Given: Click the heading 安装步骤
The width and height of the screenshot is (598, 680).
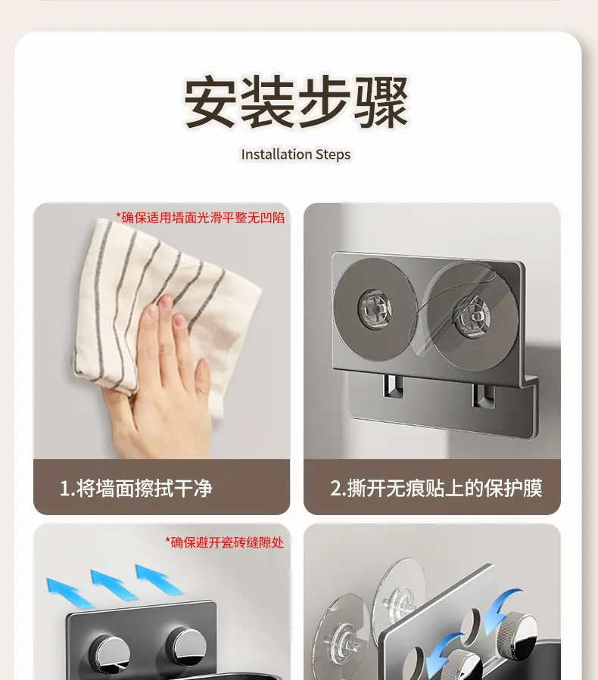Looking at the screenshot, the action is [297, 102].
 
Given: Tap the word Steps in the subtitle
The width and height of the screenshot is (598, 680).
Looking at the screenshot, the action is [333, 155].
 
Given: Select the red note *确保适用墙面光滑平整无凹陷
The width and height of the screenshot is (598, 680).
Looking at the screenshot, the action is [200, 217].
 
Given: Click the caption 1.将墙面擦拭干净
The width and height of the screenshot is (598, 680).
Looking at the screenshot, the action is [135, 489].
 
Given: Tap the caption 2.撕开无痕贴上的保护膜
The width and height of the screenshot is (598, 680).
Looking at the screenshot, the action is [436, 489].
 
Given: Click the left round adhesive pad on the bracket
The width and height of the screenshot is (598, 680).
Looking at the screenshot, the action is [375, 309].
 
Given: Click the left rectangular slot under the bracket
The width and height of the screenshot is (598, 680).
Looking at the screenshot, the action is [394, 387].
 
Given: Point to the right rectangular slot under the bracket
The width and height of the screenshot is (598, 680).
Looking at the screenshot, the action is [483, 396].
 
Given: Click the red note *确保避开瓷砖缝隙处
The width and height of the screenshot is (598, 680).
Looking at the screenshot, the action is [224, 542].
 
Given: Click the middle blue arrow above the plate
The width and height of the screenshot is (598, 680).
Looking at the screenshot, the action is [114, 584].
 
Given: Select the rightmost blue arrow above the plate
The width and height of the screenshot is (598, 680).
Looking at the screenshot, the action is [159, 579].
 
